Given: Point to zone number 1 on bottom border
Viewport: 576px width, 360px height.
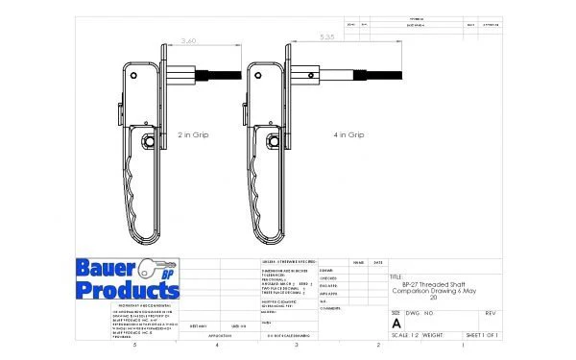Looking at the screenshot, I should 463,344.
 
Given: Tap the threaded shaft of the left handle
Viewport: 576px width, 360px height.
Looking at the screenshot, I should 215,73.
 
